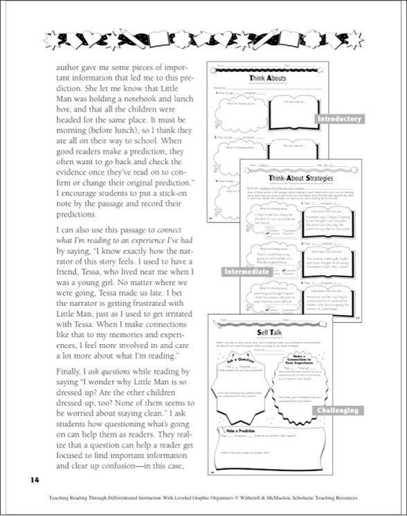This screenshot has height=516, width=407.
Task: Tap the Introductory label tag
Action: tap(338, 119)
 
